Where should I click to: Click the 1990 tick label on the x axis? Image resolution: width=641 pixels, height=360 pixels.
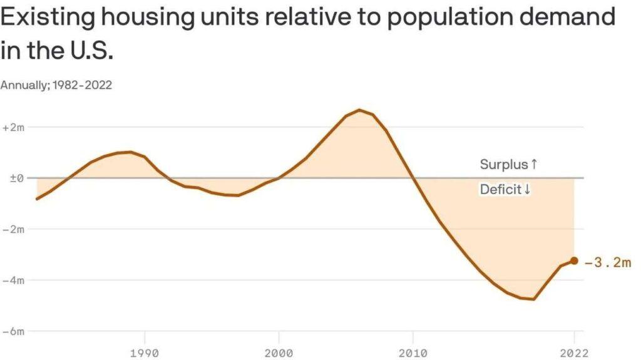(145, 352)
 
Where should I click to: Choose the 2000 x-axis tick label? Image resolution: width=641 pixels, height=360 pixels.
(279, 352)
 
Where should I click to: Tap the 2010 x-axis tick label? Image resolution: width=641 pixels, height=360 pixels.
(413, 352)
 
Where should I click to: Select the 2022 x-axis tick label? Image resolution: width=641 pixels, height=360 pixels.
(573, 352)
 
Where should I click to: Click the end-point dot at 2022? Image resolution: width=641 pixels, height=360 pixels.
(574, 261)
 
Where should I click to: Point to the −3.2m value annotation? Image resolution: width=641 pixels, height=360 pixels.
(608, 262)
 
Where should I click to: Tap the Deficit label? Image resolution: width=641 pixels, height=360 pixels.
(505, 189)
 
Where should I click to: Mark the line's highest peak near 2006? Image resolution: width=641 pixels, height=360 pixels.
(359, 110)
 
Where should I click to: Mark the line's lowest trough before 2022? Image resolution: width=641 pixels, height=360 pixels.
(533, 299)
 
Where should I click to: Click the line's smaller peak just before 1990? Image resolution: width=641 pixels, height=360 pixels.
(130, 152)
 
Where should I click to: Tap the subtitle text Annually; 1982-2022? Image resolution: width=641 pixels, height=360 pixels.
(56, 85)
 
